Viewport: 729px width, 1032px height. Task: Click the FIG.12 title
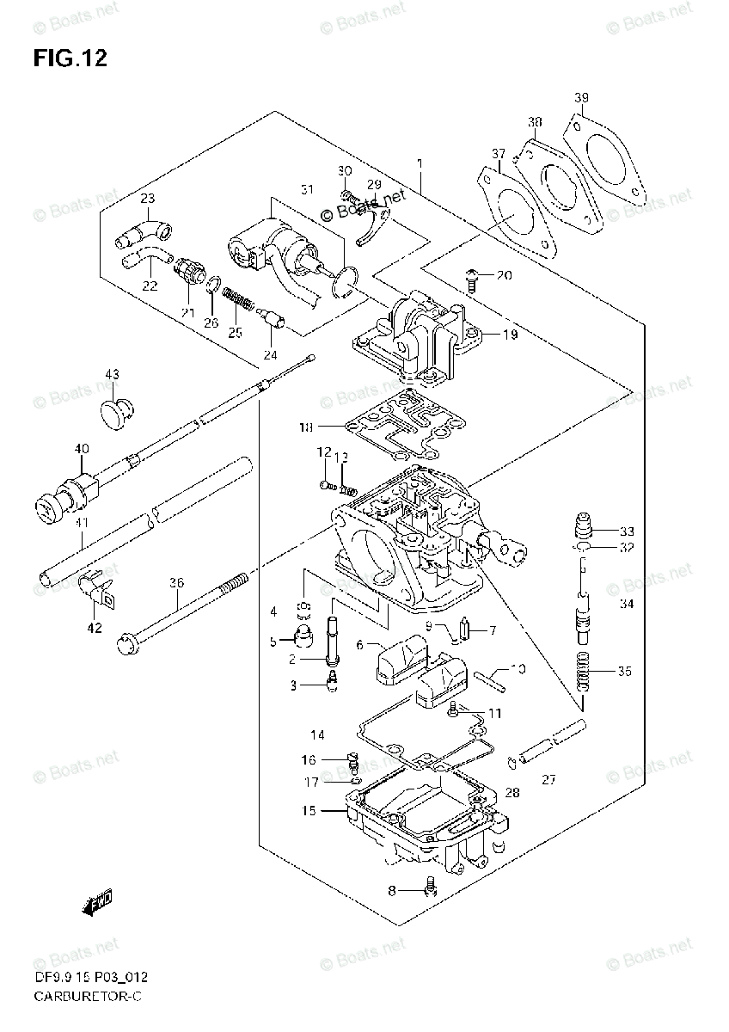point(71,58)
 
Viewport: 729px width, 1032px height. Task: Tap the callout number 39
point(582,98)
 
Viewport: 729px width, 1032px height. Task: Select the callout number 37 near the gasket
point(499,154)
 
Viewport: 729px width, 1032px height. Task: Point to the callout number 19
point(511,335)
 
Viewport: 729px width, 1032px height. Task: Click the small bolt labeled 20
point(471,275)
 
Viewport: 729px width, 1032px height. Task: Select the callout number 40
point(82,448)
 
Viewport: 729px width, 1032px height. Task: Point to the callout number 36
point(177,583)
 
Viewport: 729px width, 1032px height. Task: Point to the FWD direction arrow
point(96,900)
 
